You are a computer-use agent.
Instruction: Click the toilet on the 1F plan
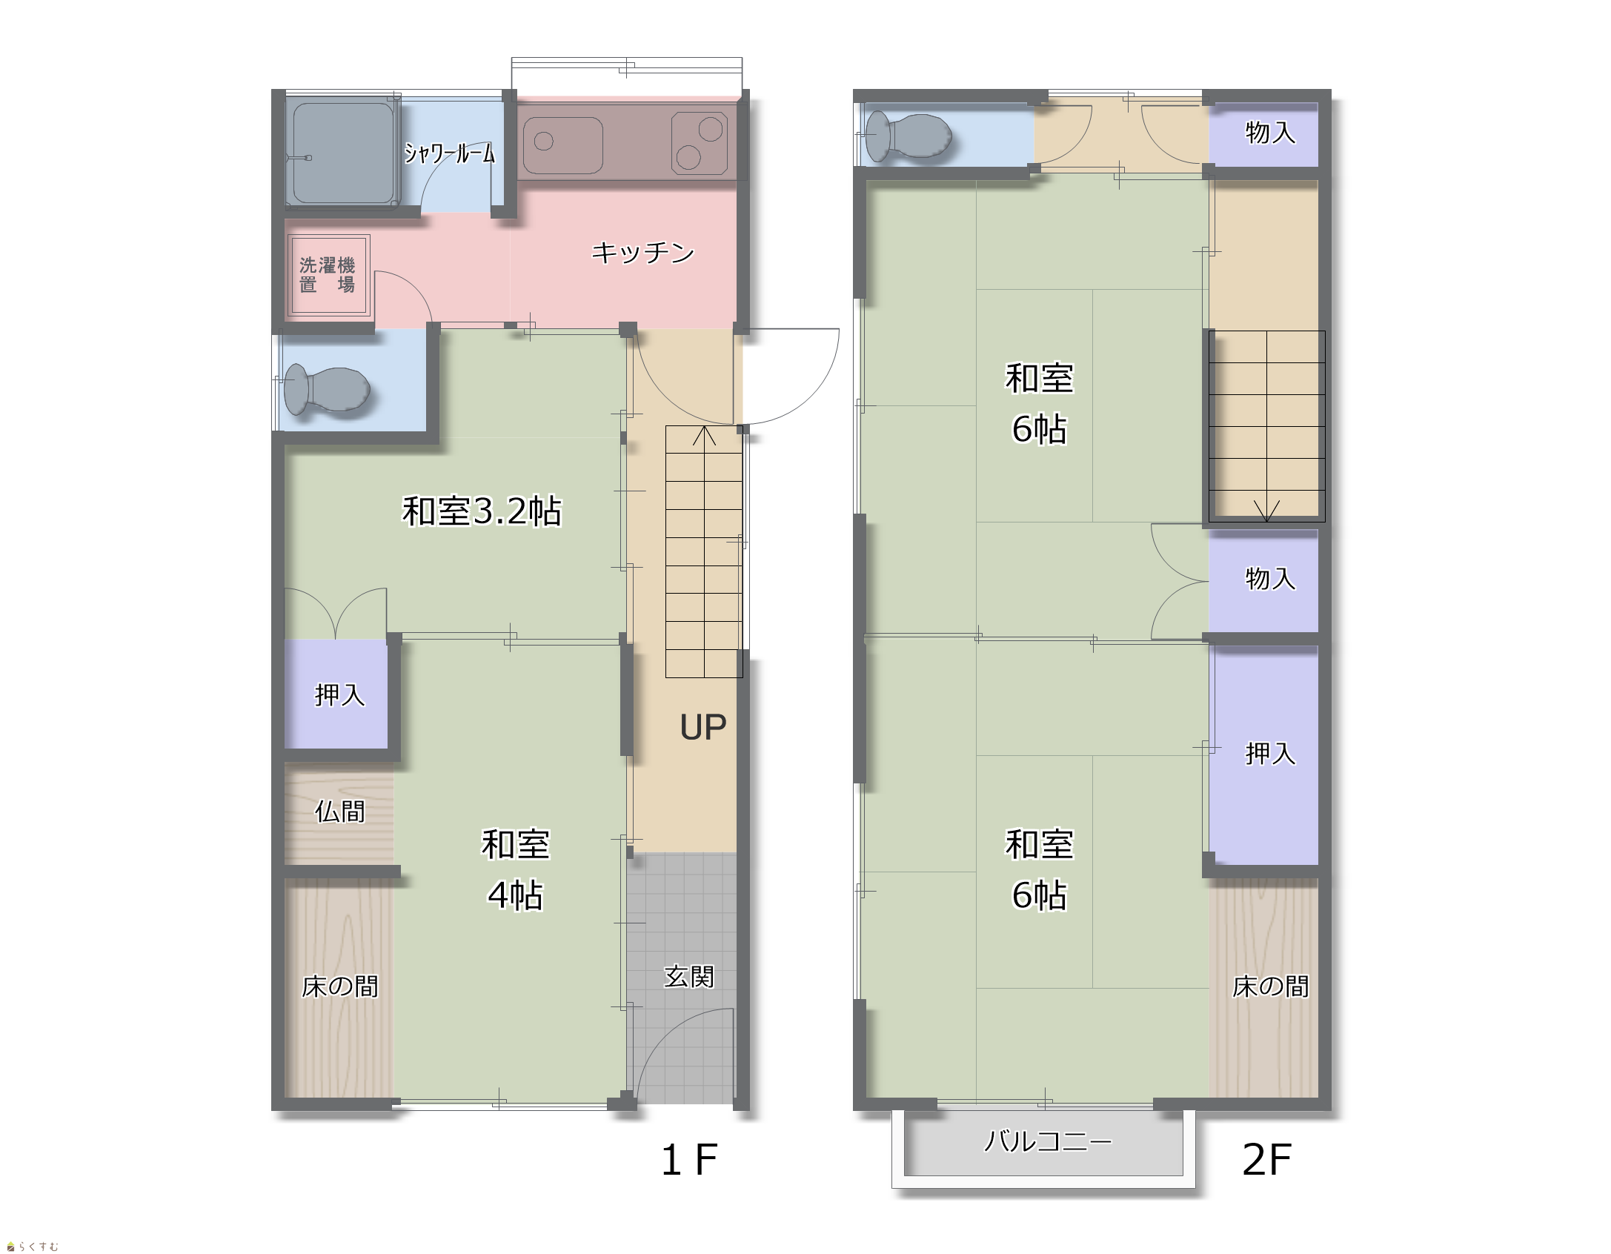[x=327, y=389]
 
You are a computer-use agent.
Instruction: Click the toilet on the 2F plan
[x=909, y=136]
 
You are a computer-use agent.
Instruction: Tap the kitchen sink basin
[x=563, y=145]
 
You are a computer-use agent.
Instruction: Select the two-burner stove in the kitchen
[x=699, y=143]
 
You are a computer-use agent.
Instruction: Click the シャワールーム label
[x=449, y=153]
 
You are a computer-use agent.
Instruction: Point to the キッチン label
[x=642, y=253]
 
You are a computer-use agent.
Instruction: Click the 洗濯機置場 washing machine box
[x=328, y=275]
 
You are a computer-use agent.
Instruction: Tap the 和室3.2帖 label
[x=482, y=511]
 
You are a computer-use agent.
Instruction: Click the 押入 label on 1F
[x=339, y=694]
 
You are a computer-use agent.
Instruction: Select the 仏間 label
[x=339, y=812]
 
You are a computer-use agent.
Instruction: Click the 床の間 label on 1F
[x=339, y=986]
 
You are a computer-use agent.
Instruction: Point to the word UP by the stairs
[x=702, y=727]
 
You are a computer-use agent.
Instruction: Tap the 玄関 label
[x=688, y=977]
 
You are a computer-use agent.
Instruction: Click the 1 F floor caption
[x=688, y=1160]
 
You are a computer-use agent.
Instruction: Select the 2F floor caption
[x=1266, y=1160]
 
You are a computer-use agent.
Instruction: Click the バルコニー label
[x=1048, y=1141]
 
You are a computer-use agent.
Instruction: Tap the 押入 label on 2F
[x=1270, y=753]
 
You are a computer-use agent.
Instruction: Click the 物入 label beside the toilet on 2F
[x=1270, y=133]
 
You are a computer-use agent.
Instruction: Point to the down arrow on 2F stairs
[x=1266, y=511]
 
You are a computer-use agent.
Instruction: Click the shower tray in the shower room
[x=342, y=153]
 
